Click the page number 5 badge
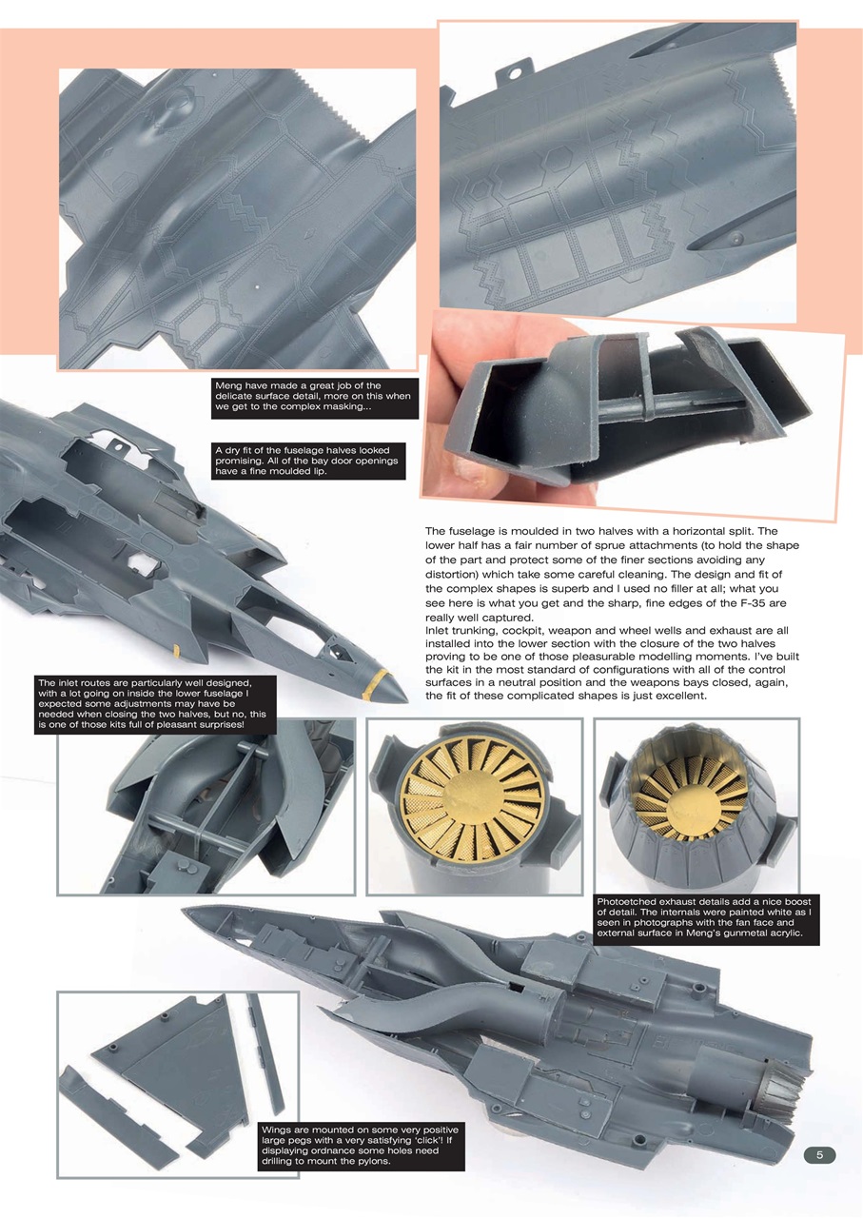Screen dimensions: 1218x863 tap(819, 1155)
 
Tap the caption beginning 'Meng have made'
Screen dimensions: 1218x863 tap(314, 398)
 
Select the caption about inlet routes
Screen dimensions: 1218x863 tap(155, 704)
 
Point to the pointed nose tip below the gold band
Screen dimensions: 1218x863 tap(398, 697)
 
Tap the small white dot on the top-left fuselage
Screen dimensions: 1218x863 tap(259, 285)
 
